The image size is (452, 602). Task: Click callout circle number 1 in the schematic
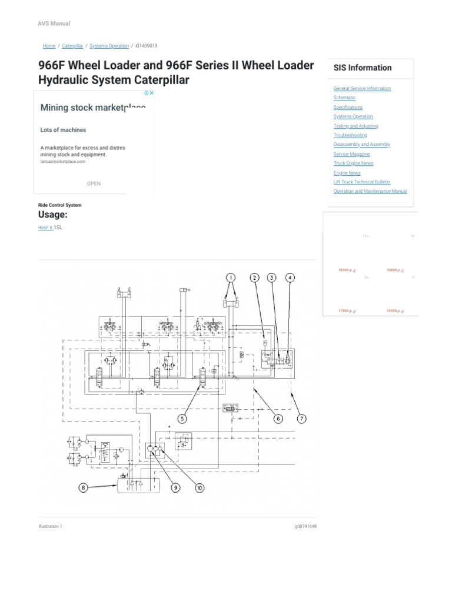231,277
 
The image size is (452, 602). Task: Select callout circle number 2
254,277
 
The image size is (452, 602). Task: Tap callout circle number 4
290,277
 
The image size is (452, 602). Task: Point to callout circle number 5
183,419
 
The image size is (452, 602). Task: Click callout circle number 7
301,419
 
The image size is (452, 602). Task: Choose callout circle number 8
84,487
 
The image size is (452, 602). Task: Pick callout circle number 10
200,487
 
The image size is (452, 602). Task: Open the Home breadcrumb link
49,46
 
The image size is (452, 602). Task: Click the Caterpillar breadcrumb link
72,46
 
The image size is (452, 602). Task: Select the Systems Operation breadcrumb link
109,46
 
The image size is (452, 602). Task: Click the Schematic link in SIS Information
344,98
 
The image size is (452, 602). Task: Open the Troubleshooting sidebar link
350,135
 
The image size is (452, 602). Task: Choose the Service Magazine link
352,154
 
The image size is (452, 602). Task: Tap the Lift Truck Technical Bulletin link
361,182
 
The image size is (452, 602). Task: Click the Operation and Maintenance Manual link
370,191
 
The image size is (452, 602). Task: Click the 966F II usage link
45,227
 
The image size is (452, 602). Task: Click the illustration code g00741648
305,527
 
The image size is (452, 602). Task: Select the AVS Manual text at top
54,24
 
